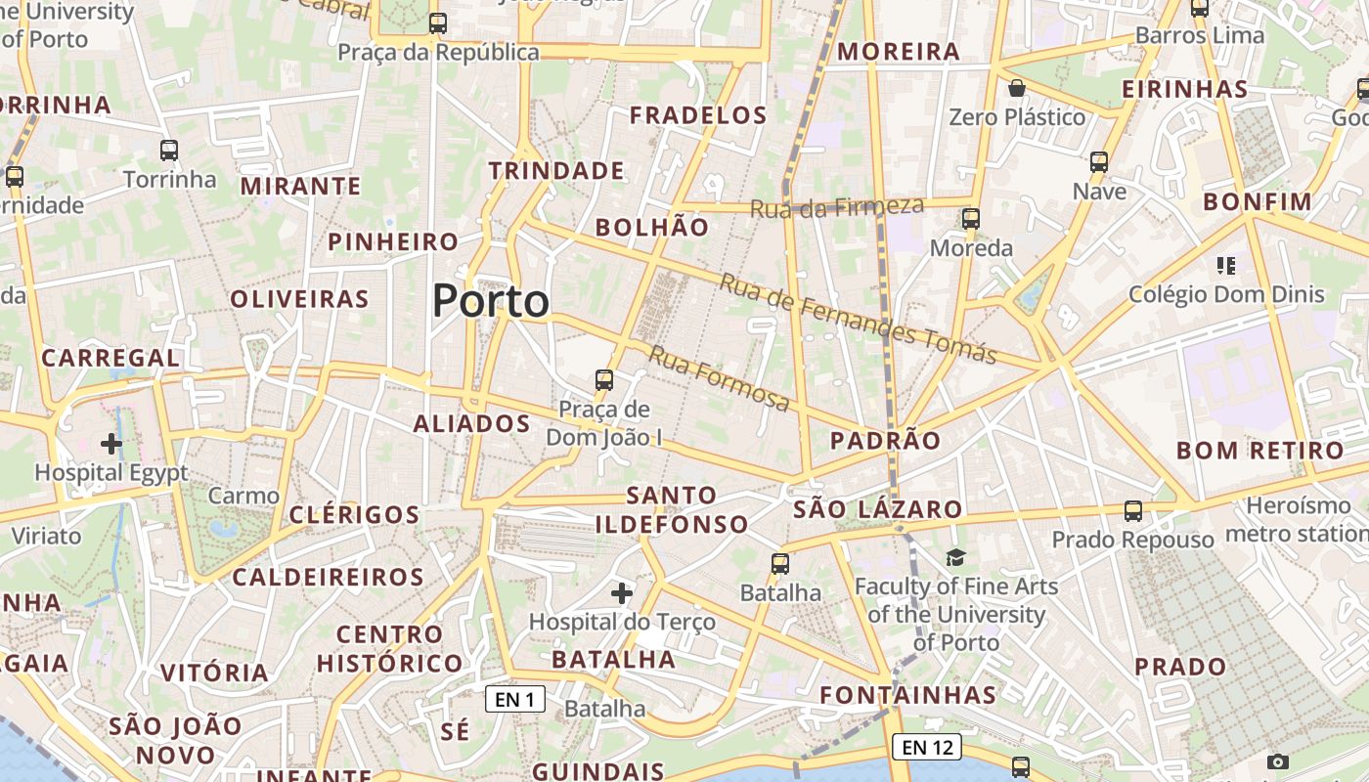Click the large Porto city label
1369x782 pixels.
point(491,300)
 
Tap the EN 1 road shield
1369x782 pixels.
point(515,699)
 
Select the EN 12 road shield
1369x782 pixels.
point(927,748)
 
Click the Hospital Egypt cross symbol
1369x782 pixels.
point(111,444)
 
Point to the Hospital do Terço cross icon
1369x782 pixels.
point(622,592)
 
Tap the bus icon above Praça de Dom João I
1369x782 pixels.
point(604,380)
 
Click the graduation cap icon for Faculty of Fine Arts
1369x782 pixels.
point(955,557)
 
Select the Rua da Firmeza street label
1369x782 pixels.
point(837,207)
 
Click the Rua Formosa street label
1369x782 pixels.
point(719,378)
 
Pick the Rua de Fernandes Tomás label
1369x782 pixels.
point(858,319)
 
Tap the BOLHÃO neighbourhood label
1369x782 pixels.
point(652,228)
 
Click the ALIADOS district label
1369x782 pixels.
point(471,423)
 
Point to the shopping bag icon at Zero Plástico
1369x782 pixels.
point(1017,88)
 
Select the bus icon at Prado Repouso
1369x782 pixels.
point(1133,510)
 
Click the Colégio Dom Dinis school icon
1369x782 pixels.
point(1225,265)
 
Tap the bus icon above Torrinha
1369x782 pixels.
point(169,151)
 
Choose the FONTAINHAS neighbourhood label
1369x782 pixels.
point(907,696)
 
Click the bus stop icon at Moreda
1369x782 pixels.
point(971,219)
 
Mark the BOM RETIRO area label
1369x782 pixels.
point(1260,451)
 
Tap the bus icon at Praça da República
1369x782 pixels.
point(438,22)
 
